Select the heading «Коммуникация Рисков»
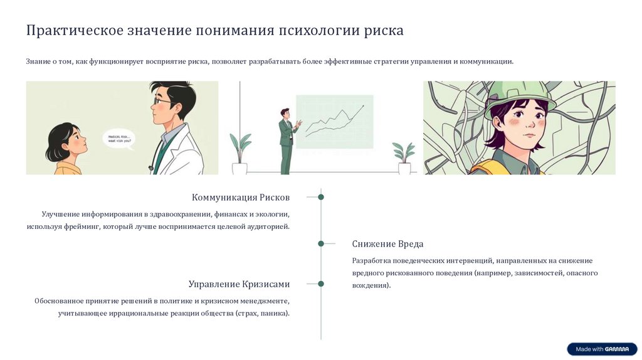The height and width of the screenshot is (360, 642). coord(241,198)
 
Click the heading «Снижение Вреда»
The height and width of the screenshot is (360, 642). coord(387,244)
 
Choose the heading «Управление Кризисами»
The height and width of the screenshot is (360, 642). coord(239,284)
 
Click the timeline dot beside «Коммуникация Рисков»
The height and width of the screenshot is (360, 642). coord(321,197)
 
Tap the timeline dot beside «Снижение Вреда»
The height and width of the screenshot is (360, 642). coord(321,243)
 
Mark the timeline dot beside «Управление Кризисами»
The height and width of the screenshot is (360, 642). coord(321,283)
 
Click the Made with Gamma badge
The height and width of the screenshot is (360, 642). coord(601,349)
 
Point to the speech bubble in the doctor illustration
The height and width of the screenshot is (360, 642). coord(122,138)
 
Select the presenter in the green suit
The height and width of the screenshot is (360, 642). coord(287,141)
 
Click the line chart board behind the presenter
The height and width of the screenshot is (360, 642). coord(334,121)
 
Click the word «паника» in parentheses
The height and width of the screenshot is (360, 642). coord(274,313)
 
